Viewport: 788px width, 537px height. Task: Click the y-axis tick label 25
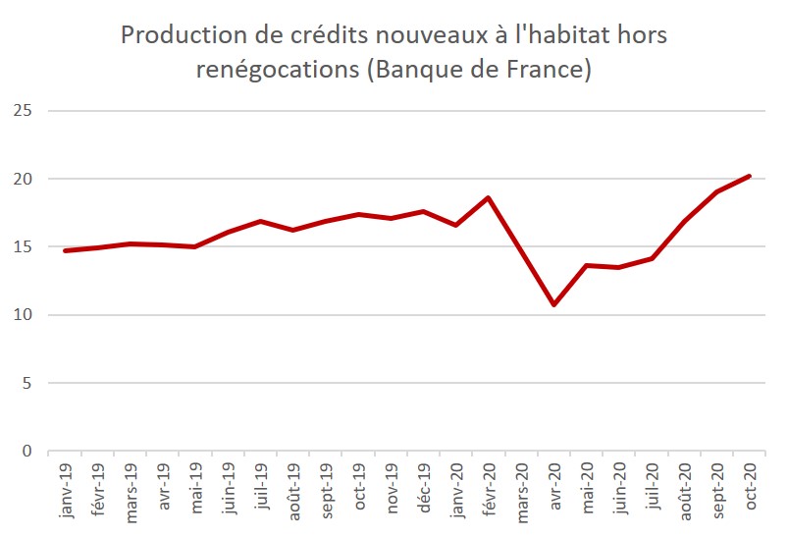click(x=24, y=111)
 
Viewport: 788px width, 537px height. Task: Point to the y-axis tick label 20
click(x=24, y=179)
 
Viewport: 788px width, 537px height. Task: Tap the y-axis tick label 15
click(x=24, y=247)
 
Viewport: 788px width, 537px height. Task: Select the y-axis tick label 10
click(x=24, y=315)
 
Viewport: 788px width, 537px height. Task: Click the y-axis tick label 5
click(x=28, y=383)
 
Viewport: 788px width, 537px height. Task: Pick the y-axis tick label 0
click(x=28, y=452)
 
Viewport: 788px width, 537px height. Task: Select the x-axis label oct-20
click(x=750, y=489)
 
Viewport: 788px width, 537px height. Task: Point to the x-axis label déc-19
click(x=424, y=489)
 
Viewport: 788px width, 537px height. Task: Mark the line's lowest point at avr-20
click(x=554, y=304)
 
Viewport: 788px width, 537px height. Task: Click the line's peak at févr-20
click(x=489, y=198)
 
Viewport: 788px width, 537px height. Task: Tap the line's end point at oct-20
click(x=750, y=176)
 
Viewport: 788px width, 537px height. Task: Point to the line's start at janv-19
click(x=65, y=250)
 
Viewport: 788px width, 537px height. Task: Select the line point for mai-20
click(x=587, y=265)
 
